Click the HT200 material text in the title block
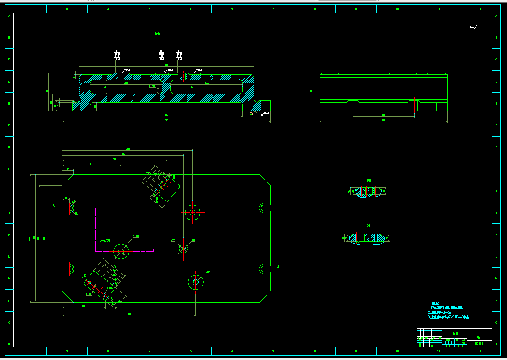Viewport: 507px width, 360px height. tap(454, 333)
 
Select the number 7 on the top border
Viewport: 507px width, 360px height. tap(273, 9)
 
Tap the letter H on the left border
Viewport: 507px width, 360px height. tap(9, 168)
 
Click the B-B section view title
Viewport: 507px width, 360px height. tap(369, 181)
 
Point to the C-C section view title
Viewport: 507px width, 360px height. tap(369, 225)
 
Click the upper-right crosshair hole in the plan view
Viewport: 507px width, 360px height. tap(193, 212)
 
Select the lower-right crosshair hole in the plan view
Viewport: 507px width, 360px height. tap(195, 281)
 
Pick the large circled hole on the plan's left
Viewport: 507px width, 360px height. tap(121, 251)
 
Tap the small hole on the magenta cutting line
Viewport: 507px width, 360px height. tap(184, 249)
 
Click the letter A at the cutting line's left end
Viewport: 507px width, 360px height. tap(53, 205)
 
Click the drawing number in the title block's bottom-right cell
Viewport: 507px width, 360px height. tap(480, 344)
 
